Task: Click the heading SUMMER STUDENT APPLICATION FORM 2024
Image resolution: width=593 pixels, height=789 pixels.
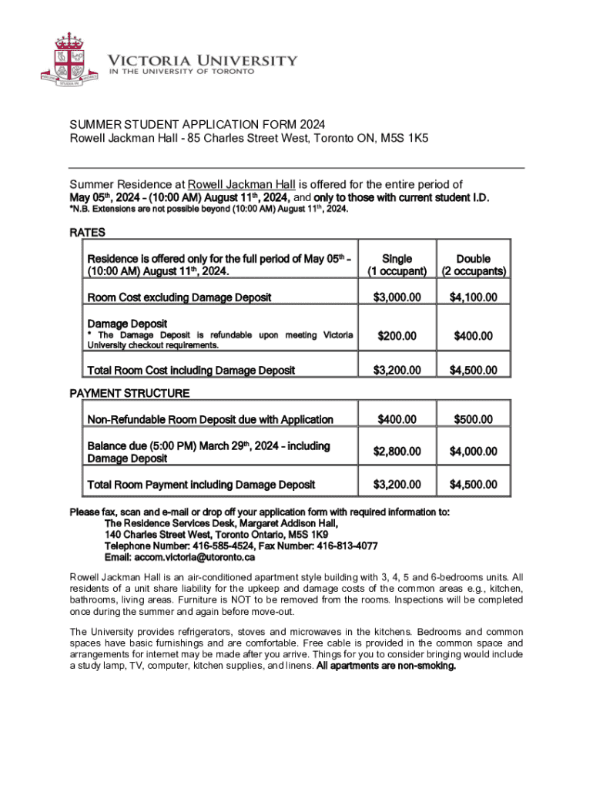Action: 197,125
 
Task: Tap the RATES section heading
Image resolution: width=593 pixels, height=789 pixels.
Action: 87,232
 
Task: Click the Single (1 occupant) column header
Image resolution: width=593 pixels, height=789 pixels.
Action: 397,265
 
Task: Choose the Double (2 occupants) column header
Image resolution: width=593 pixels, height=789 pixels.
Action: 473,265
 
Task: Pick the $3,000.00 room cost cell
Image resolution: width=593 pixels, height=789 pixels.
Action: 397,297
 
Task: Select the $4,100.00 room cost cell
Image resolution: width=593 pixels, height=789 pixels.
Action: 473,297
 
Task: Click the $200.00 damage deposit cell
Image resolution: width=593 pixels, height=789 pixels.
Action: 397,336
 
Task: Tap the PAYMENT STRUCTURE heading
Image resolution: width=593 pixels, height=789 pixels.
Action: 129,394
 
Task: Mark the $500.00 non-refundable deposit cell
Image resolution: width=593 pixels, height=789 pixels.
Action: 473,420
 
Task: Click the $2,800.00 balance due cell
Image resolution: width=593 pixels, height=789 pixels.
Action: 397,452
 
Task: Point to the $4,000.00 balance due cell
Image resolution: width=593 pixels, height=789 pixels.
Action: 473,452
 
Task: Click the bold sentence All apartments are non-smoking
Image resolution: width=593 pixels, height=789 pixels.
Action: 386,666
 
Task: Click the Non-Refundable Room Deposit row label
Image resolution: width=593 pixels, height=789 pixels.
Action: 210,420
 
